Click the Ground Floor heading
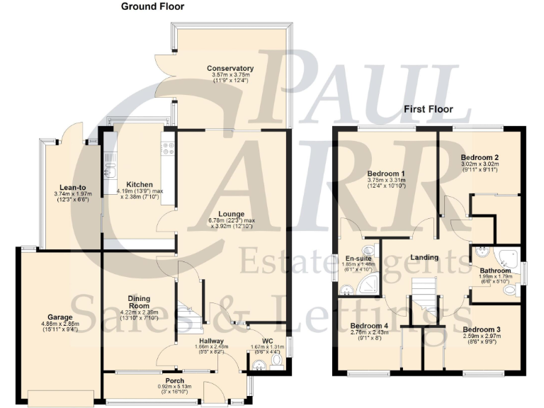152,6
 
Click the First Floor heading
428,109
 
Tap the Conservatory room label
230,69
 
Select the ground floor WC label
268,340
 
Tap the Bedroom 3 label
483,329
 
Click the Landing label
424,257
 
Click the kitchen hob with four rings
169,149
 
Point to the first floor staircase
424,295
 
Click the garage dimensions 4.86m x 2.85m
60,324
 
